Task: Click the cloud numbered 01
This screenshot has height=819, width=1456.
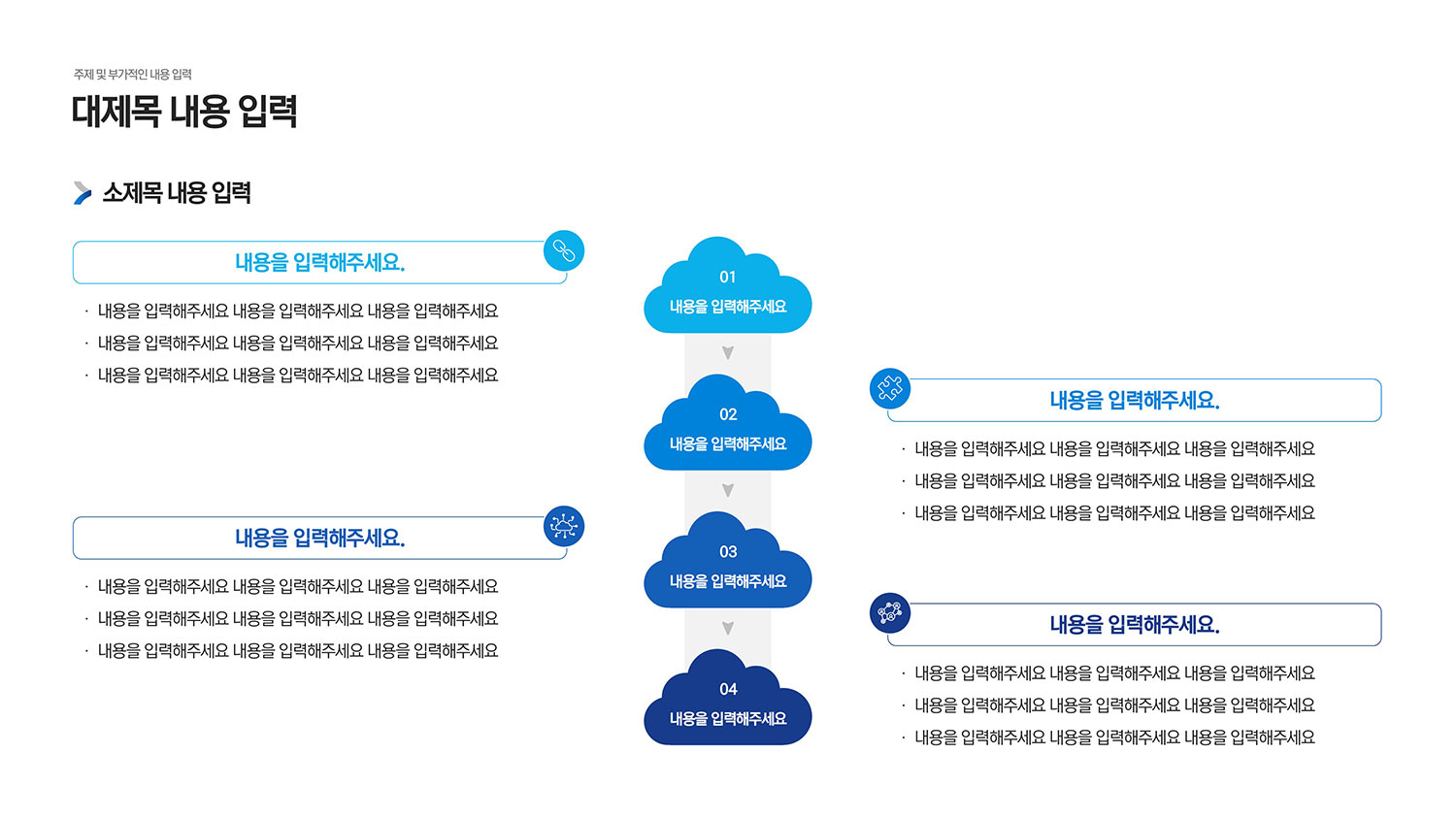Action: pyautogui.click(x=728, y=291)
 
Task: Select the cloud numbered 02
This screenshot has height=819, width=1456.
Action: pyautogui.click(x=728, y=429)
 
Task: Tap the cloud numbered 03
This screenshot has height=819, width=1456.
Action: pyautogui.click(x=728, y=567)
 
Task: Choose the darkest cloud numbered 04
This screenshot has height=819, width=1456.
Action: pyautogui.click(x=728, y=704)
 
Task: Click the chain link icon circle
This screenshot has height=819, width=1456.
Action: pyautogui.click(x=564, y=251)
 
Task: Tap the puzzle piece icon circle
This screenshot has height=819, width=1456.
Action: pyautogui.click(x=890, y=389)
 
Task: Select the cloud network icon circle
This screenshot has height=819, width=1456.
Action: pyautogui.click(x=564, y=527)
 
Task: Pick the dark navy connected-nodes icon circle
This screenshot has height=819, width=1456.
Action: pyautogui.click(x=890, y=613)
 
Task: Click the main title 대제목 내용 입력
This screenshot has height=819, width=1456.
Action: pyautogui.click(x=184, y=112)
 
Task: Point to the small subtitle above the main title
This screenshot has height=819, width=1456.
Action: pyautogui.click(x=133, y=75)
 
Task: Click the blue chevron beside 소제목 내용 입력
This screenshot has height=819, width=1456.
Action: pyautogui.click(x=83, y=193)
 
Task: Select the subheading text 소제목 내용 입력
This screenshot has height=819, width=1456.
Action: pyautogui.click(x=177, y=193)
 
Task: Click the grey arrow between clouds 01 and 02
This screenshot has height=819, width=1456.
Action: pyautogui.click(x=728, y=353)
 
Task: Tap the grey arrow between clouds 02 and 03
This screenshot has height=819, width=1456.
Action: pyautogui.click(x=728, y=491)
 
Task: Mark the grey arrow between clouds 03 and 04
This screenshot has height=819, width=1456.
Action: pyautogui.click(x=728, y=629)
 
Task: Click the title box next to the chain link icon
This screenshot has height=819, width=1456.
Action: pyautogui.click(x=319, y=263)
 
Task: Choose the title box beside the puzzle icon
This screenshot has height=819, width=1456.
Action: pyautogui.click(x=1134, y=401)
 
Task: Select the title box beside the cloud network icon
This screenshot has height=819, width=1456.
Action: pyautogui.click(x=319, y=539)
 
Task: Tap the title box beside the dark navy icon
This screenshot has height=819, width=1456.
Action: pyautogui.click(x=1134, y=625)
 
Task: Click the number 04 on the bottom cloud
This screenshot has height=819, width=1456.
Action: pyautogui.click(x=728, y=689)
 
